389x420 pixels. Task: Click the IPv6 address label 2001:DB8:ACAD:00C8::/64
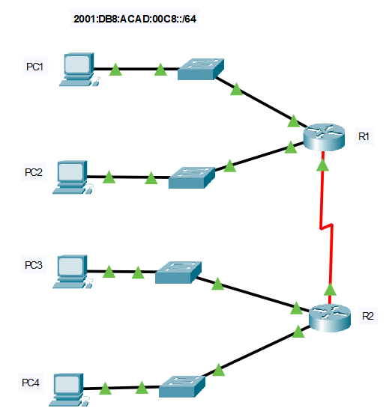[135, 19]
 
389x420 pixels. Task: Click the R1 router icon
[324, 137]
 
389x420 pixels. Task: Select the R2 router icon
[330, 318]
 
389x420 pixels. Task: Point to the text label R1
[364, 136]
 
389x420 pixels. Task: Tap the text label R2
[368, 317]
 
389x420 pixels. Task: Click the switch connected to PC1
[201, 69]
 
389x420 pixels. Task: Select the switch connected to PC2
[192, 178]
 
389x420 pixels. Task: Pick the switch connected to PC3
[178, 273]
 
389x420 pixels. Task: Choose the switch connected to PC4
[182, 386]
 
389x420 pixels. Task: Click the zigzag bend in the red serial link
[327, 227]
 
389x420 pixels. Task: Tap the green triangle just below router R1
[322, 165]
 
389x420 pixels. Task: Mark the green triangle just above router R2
[330, 290]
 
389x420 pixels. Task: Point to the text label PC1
[34, 67]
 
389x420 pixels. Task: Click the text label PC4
[31, 383]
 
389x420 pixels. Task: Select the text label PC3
[34, 265]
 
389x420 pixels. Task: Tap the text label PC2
[34, 172]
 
